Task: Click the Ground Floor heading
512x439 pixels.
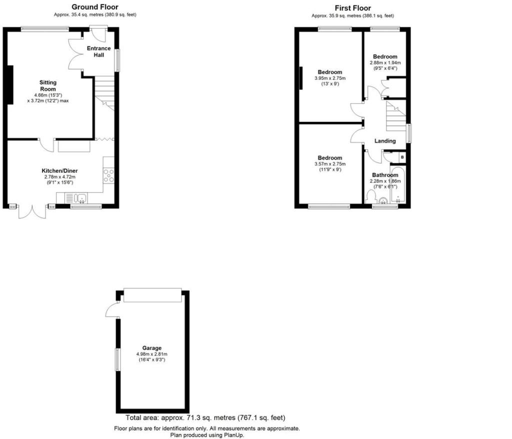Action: tap(94, 7)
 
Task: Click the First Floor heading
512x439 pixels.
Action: tap(352, 8)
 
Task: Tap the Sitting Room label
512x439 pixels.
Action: tap(48, 86)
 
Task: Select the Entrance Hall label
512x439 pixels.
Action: tap(98, 51)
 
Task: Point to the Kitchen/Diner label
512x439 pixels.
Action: tap(60, 171)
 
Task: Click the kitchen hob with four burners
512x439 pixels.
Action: tap(108, 175)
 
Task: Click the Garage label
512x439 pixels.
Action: tap(152, 348)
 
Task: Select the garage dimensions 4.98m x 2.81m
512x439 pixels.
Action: tap(152, 354)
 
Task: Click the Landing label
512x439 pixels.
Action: tap(385, 141)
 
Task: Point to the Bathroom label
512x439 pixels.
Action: tap(385, 175)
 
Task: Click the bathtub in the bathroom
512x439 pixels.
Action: tap(398, 185)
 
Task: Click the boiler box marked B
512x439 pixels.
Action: tap(402, 157)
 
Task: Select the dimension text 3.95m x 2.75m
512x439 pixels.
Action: tap(330, 78)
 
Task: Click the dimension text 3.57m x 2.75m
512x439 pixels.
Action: tap(330, 164)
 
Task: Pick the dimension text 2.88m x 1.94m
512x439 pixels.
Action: tap(385, 62)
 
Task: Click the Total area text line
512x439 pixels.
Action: tap(205, 418)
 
